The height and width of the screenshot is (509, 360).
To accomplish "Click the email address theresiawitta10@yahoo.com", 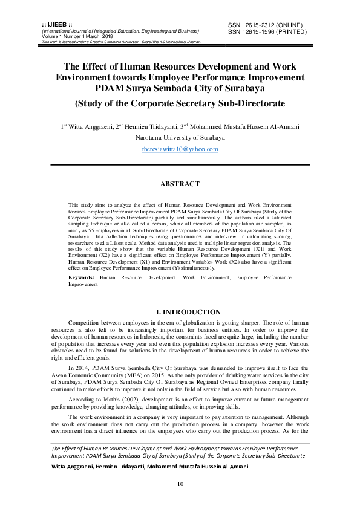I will click(180, 149).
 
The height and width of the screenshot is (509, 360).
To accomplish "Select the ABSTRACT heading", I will click(180, 184).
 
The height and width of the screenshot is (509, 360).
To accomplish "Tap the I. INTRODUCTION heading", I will click(180, 312).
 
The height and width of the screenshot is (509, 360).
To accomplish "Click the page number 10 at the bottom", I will click(180, 484).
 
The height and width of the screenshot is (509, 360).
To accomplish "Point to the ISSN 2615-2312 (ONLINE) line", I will click(264, 25).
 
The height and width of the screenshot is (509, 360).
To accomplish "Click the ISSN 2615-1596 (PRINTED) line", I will click(265, 32).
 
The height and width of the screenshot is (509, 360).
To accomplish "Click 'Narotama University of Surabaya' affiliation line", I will click(180, 137).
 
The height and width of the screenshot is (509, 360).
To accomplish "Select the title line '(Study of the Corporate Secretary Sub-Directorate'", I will click(180, 103).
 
